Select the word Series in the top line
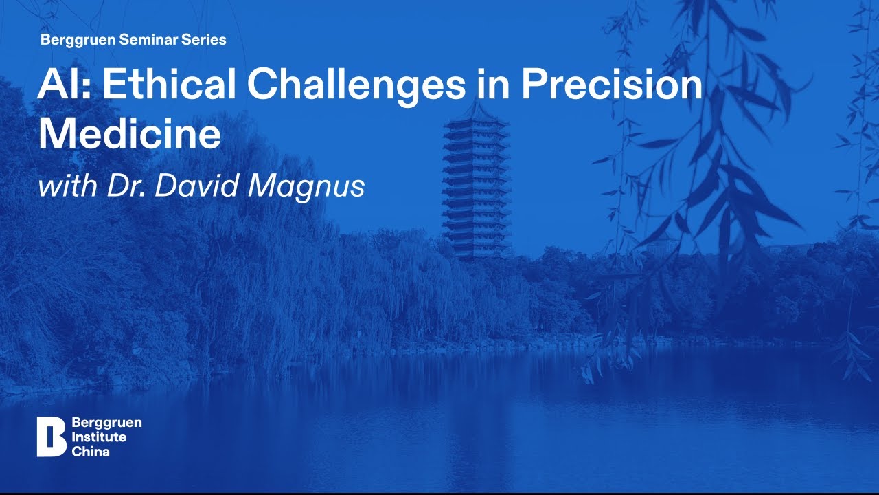[x=205, y=40]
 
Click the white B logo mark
[x=51, y=437]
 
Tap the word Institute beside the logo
[x=98, y=437]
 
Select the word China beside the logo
[x=90, y=452]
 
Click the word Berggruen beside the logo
[x=106, y=423]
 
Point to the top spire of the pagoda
[x=476, y=107]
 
